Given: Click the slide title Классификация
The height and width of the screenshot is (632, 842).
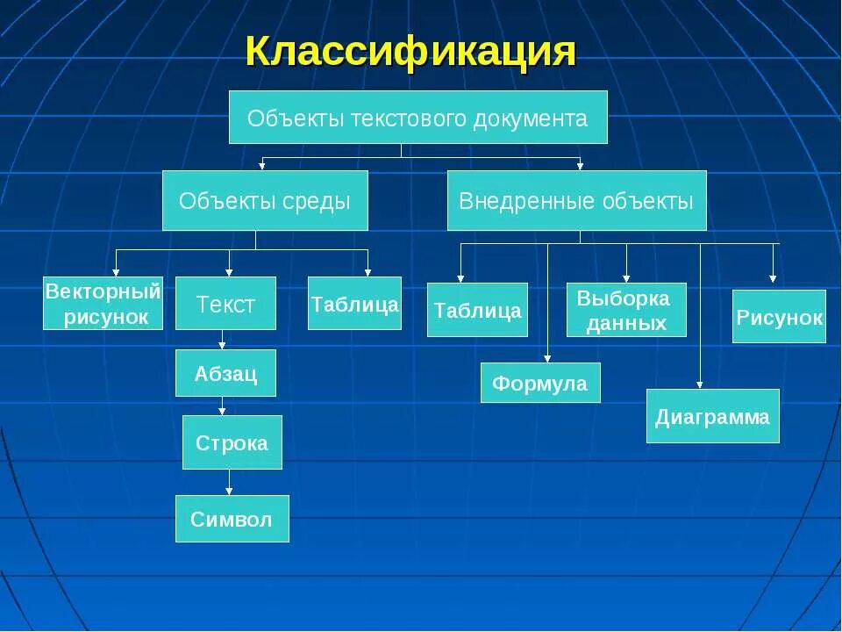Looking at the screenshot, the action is tap(410, 52).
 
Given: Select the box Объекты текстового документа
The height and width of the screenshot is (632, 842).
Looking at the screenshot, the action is tap(417, 117).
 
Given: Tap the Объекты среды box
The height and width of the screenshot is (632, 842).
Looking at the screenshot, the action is tap(264, 201).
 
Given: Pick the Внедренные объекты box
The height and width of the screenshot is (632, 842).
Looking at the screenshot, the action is tap(576, 201).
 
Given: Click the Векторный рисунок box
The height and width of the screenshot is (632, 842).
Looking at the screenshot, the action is tap(103, 303).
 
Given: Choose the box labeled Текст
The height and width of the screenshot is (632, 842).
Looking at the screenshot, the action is tap(225, 304).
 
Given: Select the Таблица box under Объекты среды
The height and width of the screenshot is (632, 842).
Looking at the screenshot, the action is tap(354, 304).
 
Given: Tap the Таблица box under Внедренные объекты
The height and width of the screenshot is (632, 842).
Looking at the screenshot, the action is tap(477, 310).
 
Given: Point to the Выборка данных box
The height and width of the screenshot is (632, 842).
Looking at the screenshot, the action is tap(625, 310).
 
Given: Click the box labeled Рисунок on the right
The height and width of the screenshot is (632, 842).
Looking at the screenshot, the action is tap(779, 316).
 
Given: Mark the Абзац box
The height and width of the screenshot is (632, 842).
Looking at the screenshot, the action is tap(225, 373).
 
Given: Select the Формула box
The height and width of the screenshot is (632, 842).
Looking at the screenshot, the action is tap(540, 383).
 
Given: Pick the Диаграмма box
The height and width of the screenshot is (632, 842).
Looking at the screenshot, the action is tap(712, 416).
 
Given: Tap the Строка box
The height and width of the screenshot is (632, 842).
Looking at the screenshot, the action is tap(232, 442).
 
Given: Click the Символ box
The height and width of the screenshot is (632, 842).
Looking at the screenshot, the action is tap(232, 519).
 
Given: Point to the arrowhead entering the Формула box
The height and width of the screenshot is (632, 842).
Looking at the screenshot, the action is tap(547, 358).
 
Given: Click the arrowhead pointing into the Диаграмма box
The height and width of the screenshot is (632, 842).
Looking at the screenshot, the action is tap(700, 384).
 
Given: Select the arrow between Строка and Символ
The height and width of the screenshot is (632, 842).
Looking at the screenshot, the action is tap(229, 483).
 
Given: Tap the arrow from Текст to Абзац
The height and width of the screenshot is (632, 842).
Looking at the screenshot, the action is tap(223, 340).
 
